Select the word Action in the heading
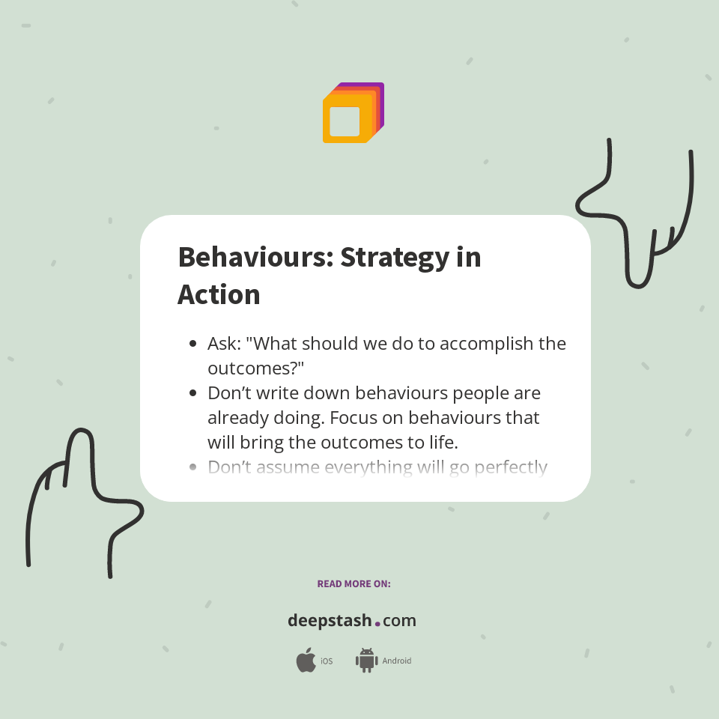click(x=219, y=294)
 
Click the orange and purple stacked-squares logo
click(x=353, y=113)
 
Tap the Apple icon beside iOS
click(x=306, y=661)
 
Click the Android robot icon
click(x=366, y=661)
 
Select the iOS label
click(x=327, y=661)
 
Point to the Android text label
click(x=397, y=661)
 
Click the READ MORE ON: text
click(x=354, y=583)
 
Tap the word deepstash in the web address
click(x=329, y=621)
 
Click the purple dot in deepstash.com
click(x=377, y=623)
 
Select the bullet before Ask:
click(x=193, y=344)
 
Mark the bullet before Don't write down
click(x=193, y=393)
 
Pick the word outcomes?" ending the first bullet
click(x=255, y=368)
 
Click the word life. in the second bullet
click(x=440, y=442)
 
